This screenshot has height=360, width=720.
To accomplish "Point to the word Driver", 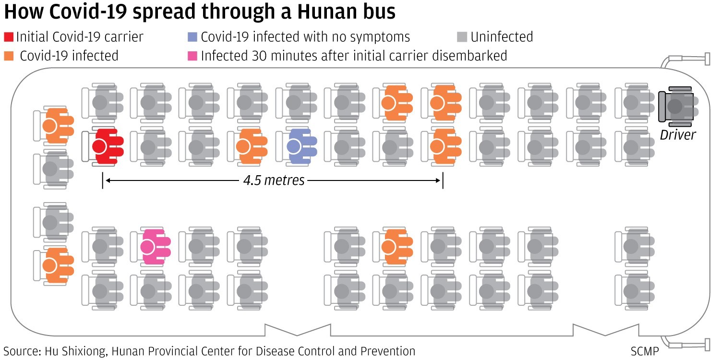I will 677,135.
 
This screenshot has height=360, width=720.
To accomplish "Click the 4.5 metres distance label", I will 274,180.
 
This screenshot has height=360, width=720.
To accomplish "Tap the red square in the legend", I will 9,37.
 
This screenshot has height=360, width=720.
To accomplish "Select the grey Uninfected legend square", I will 462,37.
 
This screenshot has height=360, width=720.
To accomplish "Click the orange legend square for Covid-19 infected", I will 9,56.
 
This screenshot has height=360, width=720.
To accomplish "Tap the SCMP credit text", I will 645,351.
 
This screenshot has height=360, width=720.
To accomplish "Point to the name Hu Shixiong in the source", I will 77,351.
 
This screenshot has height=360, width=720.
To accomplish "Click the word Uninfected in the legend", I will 502,37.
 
